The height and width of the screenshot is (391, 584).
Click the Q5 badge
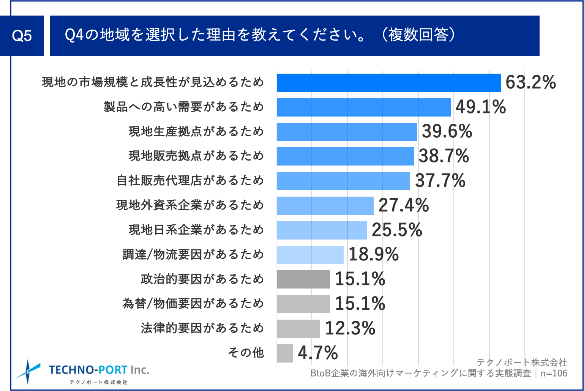click(22, 36)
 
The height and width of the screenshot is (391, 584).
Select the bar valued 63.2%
click(388, 83)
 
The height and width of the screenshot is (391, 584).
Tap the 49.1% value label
click(480, 107)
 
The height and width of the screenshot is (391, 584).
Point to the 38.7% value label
click(444, 156)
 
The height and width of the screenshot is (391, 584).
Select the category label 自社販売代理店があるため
click(190, 180)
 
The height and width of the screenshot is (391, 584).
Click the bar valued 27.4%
click(325, 206)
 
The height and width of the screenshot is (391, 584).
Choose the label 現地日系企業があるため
click(196, 230)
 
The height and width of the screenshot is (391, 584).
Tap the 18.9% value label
click(373, 254)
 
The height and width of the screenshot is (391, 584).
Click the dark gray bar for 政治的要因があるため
click(303, 279)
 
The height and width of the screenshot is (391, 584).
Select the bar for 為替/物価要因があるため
click(303, 304)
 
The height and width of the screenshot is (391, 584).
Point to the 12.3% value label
click(350, 328)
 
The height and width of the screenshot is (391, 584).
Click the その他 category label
click(246, 353)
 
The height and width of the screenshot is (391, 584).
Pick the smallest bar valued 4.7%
click(285, 353)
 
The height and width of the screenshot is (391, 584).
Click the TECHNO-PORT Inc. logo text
click(99, 370)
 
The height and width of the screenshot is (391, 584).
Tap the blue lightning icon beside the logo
click(28, 371)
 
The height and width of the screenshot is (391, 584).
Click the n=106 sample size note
click(554, 374)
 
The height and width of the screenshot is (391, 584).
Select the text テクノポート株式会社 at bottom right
click(522, 362)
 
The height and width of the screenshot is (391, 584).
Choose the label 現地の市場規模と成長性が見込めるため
click(153, 82)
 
